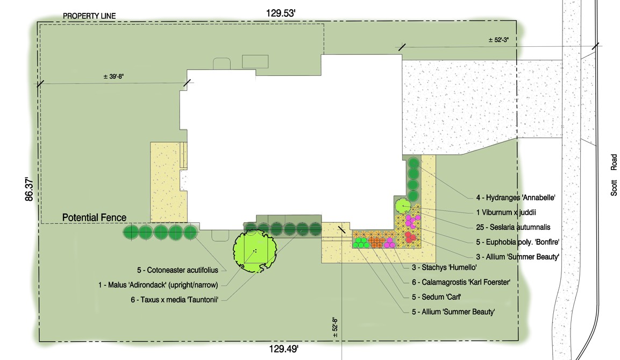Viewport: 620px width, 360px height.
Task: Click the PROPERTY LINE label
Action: pos(89,16)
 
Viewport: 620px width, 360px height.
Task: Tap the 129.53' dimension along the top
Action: pos(281,13)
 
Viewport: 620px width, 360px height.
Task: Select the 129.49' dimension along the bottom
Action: pos(284,349)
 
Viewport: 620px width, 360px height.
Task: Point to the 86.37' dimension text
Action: pos(29,189)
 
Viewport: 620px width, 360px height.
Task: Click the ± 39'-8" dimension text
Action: pos(113,76)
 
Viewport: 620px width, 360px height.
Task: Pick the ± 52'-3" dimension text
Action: pos(498,40)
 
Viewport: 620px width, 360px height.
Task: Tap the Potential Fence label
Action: pos(95,217)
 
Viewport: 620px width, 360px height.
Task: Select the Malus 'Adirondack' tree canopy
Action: pos(255,251)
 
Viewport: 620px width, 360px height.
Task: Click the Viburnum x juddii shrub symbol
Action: pos(403,206)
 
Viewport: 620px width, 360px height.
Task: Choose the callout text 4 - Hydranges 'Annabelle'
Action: pos(516,198)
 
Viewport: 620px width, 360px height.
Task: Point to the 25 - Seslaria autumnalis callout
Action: pos(513,228)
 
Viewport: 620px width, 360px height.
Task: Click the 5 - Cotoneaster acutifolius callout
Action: pos(177,270)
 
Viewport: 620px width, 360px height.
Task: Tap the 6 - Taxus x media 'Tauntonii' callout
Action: pos(174,300)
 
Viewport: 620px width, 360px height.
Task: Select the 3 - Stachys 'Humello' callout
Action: pos(444,267)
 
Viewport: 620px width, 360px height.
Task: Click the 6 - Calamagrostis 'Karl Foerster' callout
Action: pos(461,283)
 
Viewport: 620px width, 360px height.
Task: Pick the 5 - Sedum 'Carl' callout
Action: pos(437,297)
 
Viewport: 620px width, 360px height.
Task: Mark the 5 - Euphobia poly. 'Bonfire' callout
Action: pos(518,242)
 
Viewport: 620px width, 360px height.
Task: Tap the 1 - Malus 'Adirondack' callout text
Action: pos(158,285)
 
